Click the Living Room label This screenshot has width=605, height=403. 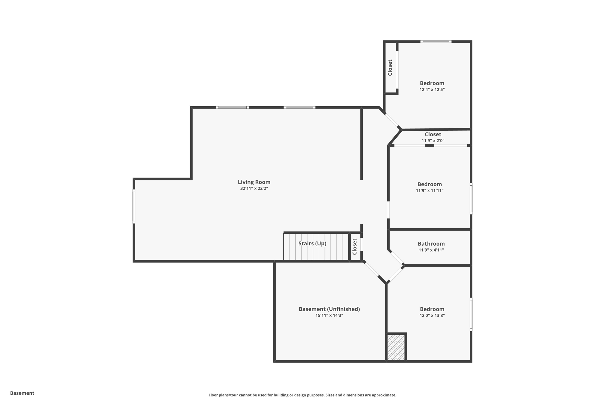[254, 182]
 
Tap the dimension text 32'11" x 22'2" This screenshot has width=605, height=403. [254, 188]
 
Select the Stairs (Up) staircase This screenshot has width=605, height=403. [316, 247]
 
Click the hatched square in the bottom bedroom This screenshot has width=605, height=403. [396, 347]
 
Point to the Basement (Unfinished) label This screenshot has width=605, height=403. [329, 309]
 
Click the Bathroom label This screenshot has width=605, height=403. [431, 244]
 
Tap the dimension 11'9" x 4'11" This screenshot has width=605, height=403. [431, 250]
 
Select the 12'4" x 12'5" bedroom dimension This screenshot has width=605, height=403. [432, 89]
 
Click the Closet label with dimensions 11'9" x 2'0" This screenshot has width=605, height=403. [433, 134]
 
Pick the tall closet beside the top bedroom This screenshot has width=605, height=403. [390, 68]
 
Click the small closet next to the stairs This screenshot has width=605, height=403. [355, 247]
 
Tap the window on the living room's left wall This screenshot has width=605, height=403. [134, 206]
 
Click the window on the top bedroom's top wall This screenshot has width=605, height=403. [436, 42]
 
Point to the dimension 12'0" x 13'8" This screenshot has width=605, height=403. [432, 315]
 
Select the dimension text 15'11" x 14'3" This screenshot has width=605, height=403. [329, 315]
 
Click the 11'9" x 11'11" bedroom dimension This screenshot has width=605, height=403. [430, 190]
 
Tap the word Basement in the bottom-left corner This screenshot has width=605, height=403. [22, 393]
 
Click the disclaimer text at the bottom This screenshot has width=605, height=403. [302, 395]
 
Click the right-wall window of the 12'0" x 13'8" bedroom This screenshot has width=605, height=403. [471, 314]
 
